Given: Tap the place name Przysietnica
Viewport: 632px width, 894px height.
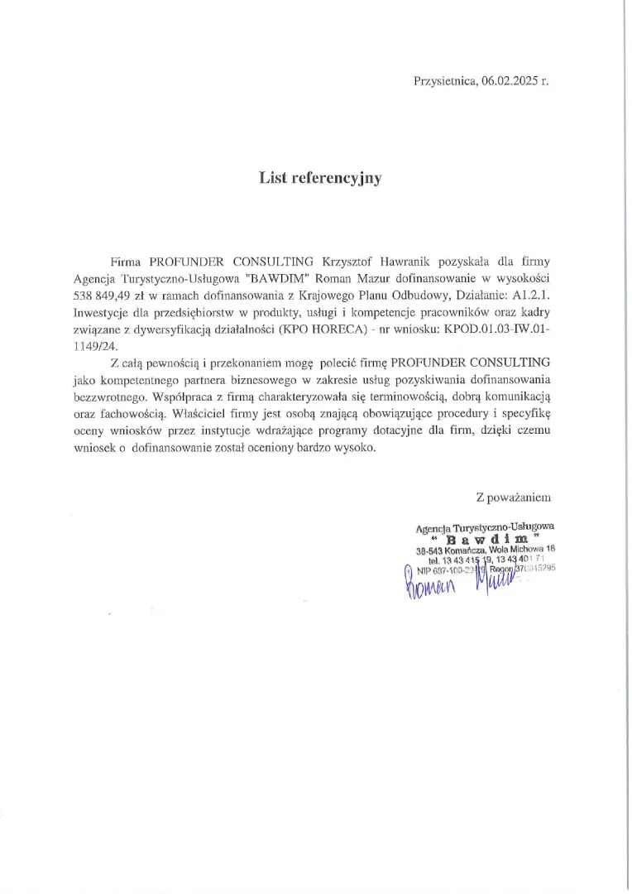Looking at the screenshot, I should pyautogui.click(x=444, y=80).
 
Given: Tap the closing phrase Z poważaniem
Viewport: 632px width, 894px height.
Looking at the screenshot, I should pyautogui.click(x=513, y=497).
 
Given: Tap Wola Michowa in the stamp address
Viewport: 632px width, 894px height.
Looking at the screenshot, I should pyautogui.click(x=510, y=549).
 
